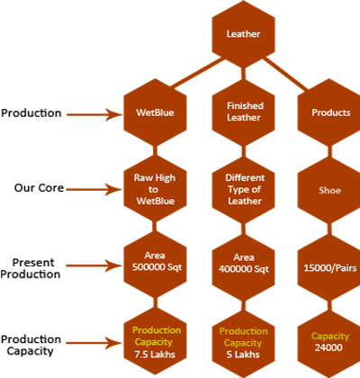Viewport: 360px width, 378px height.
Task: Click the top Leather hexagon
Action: [x=243, y=34]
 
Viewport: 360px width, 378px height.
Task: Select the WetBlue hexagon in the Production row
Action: [x=155, y=112]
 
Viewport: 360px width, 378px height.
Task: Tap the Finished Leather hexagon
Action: [x=243, y=112]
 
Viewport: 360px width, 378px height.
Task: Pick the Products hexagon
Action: [x=329, y=112]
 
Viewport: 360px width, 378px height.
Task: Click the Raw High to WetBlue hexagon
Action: [x=155, y=189]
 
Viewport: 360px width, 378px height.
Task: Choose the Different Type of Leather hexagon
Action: [x=243, y=189]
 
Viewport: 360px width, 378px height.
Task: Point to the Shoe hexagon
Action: [x=329, y=190]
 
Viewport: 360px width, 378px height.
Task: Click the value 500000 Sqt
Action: [x=157, y=267]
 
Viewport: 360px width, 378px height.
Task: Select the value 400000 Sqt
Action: [x=244, y=269]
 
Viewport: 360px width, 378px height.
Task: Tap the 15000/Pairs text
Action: [x=330, y=267]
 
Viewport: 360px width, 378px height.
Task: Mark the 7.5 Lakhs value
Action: [x=155, y=355]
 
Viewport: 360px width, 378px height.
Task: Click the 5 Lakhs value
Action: [x=243, y=355]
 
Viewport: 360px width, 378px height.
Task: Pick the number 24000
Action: [x=328, y=347]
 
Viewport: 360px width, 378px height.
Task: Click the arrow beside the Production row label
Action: [x=94, y=114]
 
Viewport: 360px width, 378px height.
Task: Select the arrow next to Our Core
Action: [x=94, y=189]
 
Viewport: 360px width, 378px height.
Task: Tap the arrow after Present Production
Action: [x=94, y=265]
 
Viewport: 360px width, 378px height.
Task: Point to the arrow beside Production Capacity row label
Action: [x=94, y=343]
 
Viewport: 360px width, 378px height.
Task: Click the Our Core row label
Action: [x=39, y=188]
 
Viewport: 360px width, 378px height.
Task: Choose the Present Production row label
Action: [x=31, y=268]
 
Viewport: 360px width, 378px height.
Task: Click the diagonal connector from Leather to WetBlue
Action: [x=198, y=73]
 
